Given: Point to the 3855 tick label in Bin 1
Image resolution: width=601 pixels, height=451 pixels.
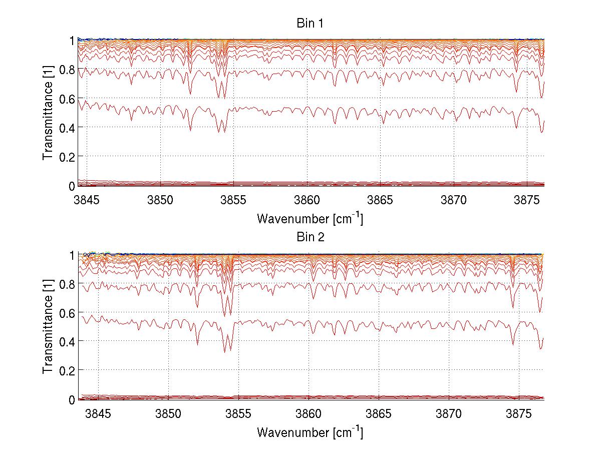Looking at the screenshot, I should point(234,200).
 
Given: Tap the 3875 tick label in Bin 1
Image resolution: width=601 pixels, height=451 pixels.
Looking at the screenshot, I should point(527,200).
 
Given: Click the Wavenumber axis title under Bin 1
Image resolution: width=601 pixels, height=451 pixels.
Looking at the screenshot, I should point(310,218).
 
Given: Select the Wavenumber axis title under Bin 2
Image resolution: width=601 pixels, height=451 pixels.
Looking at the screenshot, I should point(310,432).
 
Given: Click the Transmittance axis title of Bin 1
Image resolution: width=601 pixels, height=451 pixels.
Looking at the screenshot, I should point(48,113).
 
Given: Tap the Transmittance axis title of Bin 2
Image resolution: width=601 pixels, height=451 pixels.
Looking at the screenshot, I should point(48,327).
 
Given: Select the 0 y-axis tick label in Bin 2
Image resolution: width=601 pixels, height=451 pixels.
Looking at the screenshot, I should point(72,399).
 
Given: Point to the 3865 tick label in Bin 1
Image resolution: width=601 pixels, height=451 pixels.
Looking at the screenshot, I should point(380,200).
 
